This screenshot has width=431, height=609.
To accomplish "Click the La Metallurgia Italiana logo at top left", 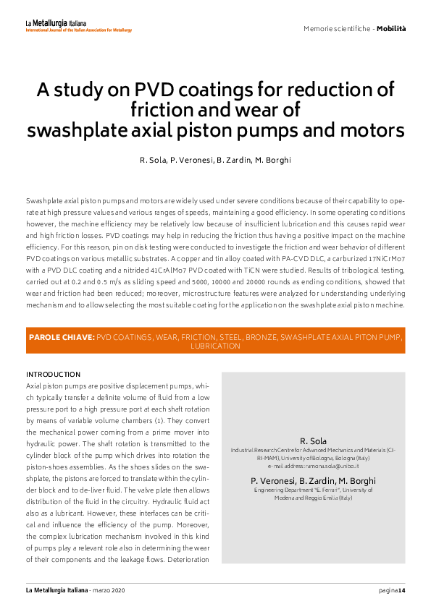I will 78,26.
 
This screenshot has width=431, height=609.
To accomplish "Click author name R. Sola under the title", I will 154,159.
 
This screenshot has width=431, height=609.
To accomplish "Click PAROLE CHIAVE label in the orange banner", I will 61,337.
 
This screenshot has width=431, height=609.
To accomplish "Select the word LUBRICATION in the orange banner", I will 215,346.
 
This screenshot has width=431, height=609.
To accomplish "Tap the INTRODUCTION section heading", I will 53,374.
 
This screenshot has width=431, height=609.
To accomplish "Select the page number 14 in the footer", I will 401,591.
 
